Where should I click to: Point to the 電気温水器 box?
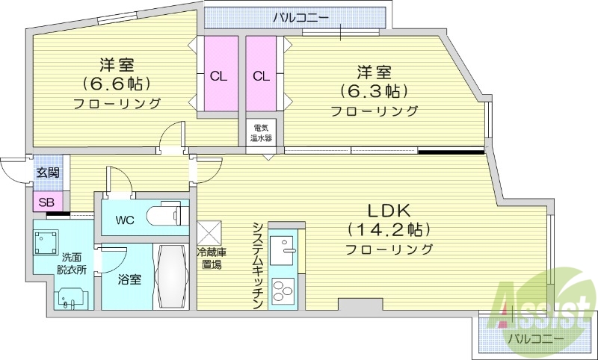click(261, 133)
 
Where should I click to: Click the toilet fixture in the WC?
click(168, 215)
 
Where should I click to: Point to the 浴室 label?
click(129, 280)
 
